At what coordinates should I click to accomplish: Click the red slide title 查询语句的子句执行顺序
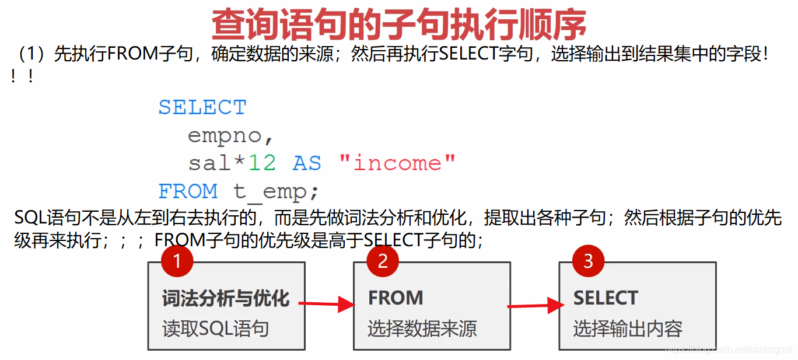click(x=399, y=24)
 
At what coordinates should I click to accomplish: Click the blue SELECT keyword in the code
click(x=202, y=107)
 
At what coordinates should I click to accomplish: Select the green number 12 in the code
click(x=262, y=163)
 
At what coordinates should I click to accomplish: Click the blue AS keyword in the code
click(x=307, y=163)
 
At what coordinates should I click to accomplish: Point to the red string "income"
click(x=397, y=163)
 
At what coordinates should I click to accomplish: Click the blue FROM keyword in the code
click(x=188, y=191)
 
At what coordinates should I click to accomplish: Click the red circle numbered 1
click(x=177, y=261)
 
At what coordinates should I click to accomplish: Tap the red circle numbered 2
click(x=383, y=261)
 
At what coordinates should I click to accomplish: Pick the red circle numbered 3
click(x=588, y=261)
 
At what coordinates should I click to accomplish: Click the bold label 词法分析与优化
click(x=226, y=299)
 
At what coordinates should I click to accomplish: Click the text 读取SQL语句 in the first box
click(x=215, y=328)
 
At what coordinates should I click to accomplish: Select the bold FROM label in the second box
click(x=395, y=298)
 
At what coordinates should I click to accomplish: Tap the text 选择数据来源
click(x=422, y=328)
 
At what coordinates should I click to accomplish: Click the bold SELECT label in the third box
click(x=605, y=298)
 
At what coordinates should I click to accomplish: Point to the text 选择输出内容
click(x=628, y=328)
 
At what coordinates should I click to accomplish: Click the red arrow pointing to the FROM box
click(x=327, y=304)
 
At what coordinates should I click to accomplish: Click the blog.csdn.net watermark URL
click(x=729, y=349)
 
